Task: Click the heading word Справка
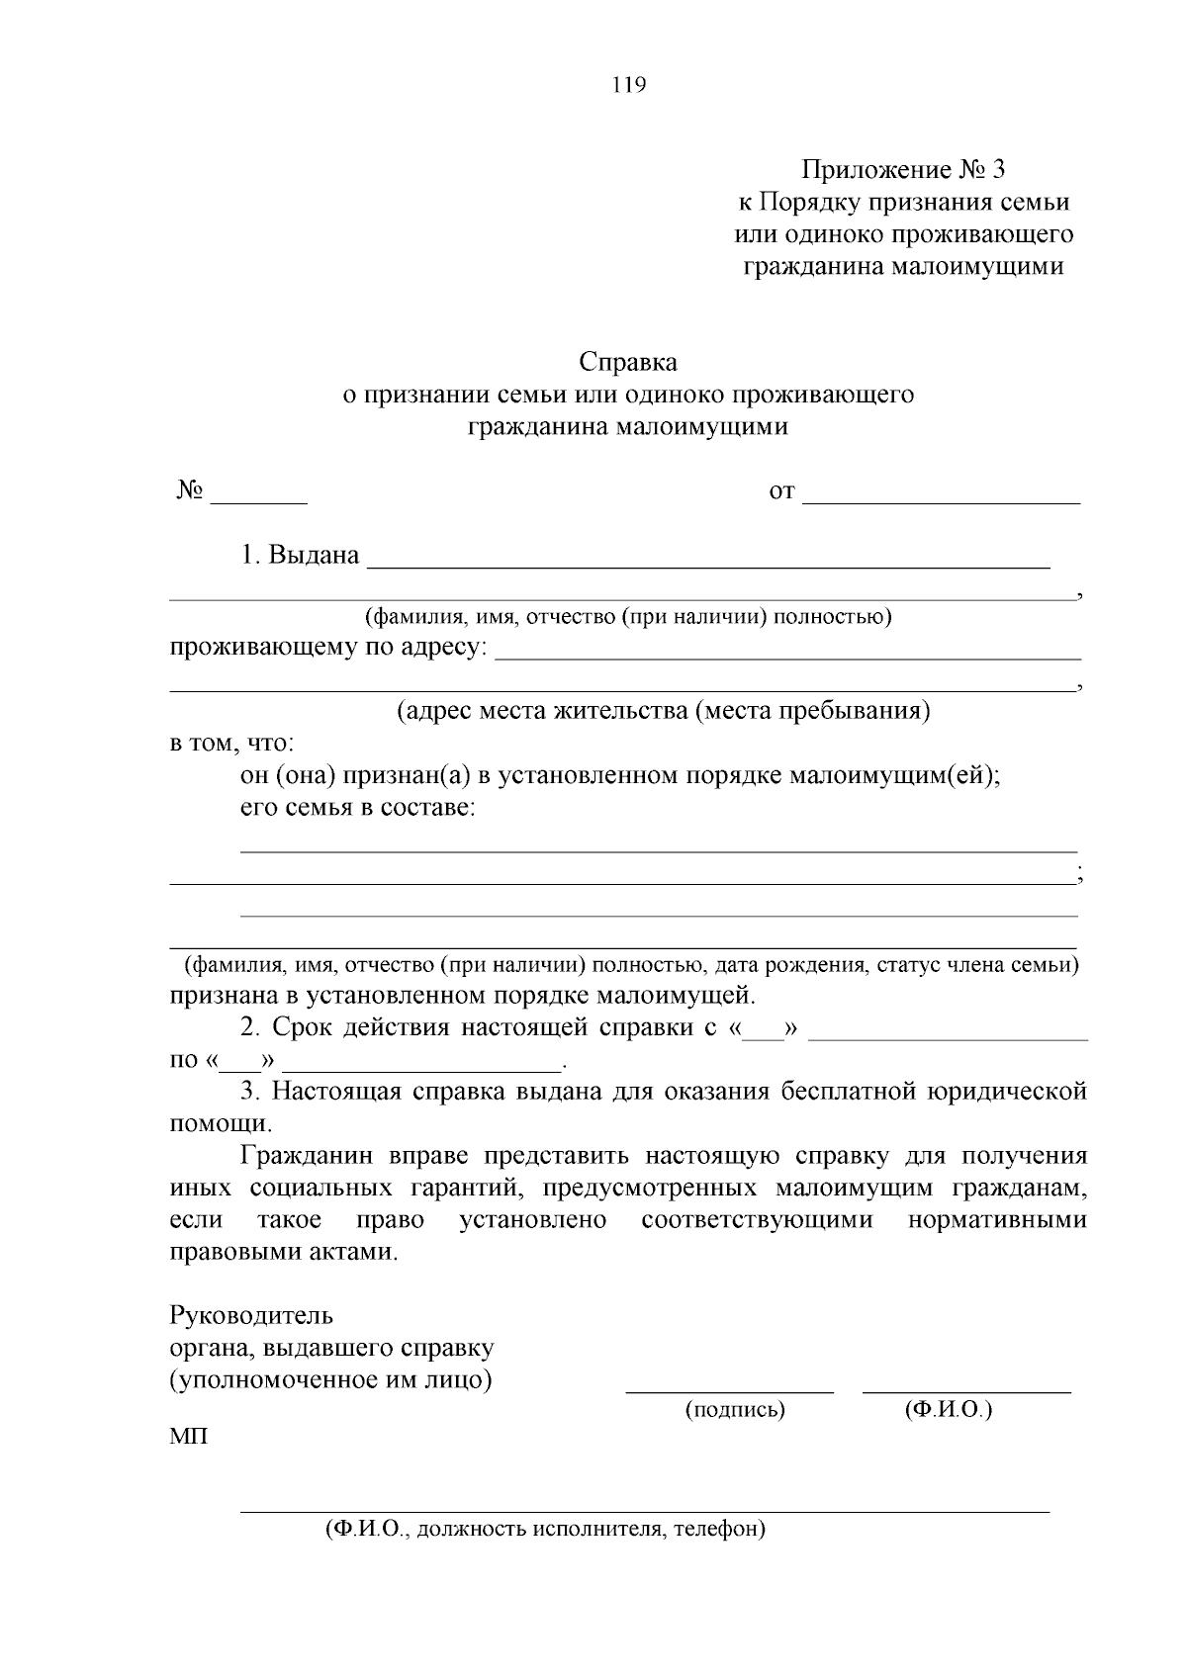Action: click(628, 361)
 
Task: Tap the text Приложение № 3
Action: click(903, 170)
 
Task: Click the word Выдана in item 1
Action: click(314, 555)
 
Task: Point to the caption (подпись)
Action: click(735, 1410)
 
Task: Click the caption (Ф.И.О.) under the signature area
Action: click(948, 1410)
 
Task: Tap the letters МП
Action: click(189, 1436)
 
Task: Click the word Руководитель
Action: click(251, 1316)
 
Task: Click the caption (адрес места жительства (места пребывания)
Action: click(663, 711)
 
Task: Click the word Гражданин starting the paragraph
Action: click(307, 1156)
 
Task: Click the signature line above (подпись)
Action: click(729, 1390)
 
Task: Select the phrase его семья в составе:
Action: click(358, 807)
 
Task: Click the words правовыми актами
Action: click(283, 1252)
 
